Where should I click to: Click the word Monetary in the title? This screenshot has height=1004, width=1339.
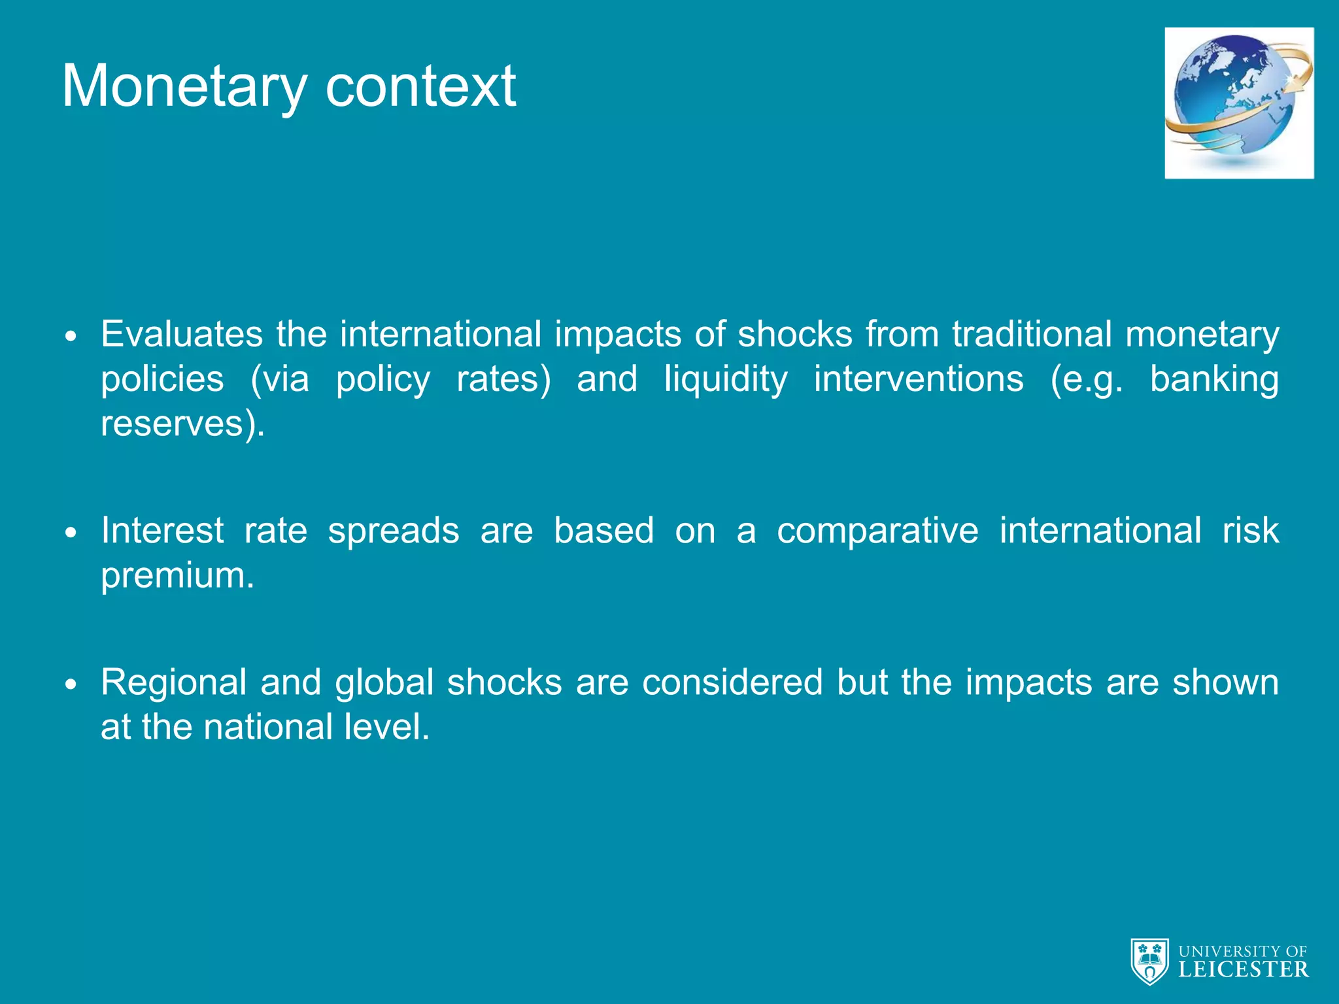pos(184,87)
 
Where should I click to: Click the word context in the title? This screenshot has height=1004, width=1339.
pos(420,87)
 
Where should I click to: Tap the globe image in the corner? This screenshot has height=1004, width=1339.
pos(1239,103)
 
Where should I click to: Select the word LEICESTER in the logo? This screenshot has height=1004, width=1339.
pos(1243,969)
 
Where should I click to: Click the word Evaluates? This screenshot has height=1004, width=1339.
pos(182,334)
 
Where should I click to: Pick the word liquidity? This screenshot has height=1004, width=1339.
pos(726,380)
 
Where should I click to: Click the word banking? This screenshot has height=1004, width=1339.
pos(1213,380)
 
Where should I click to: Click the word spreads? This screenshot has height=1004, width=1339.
pos(394,531)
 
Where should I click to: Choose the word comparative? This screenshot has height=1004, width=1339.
pos(877,531)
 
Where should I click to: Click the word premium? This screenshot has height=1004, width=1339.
pos(177,576)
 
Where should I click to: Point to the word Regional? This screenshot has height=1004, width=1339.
pos(173,683)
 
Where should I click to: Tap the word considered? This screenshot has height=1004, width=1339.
pos(732,683)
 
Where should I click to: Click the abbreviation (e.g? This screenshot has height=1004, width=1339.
pos(1087,380)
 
